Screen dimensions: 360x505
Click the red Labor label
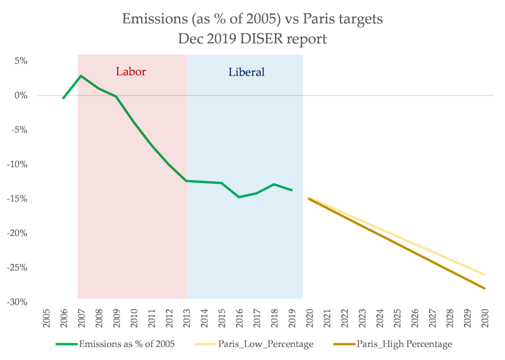(131, 72)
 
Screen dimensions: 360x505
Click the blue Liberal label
(246, 72)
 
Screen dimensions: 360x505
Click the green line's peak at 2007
(81, 76)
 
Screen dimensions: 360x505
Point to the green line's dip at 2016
(239, 197)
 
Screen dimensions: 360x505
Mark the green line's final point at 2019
(292, 190)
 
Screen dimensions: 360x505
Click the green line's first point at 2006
(63, 98)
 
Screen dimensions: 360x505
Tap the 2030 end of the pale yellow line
(485, 275)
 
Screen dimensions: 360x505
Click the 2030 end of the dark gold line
(485, 288)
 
